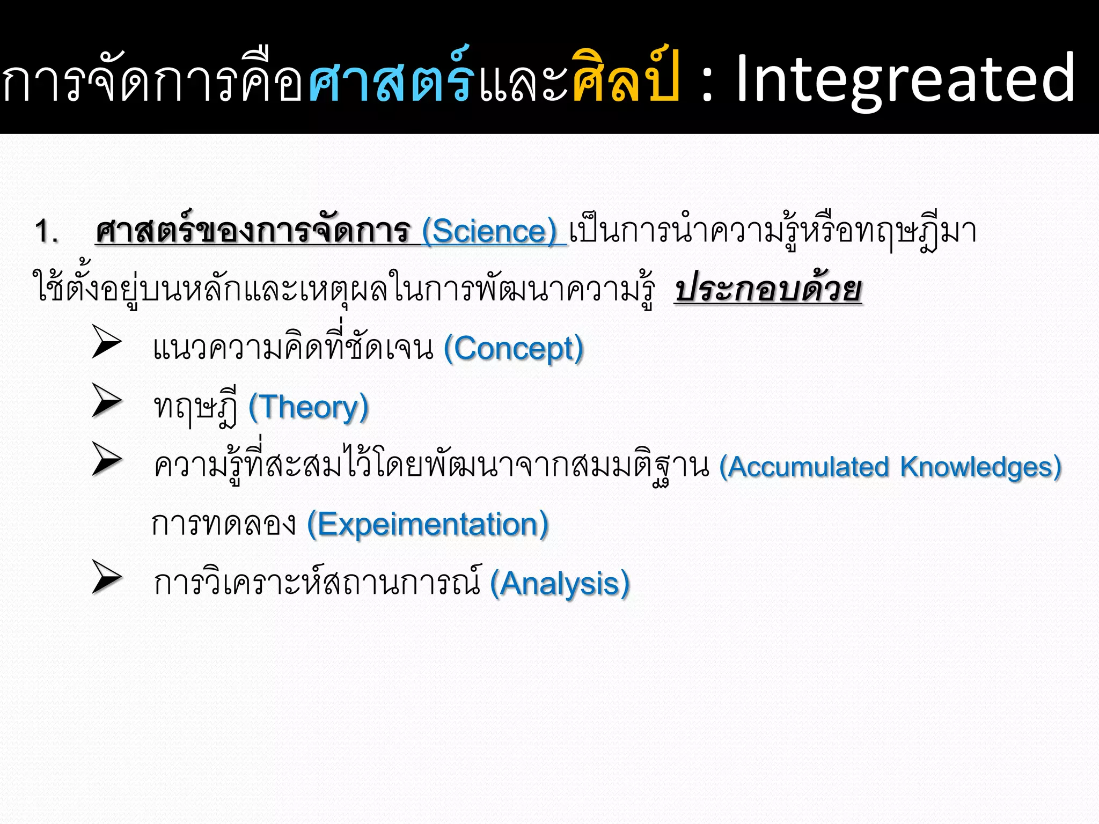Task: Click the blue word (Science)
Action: tap(489, 232)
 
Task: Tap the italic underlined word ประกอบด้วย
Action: tap(768, 290)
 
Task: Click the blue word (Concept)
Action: tap(514, 349)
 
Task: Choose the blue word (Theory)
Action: tap(309, 407)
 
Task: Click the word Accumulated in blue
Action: tap(804, 466)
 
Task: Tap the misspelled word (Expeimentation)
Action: tap(428, 524)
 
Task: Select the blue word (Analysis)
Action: tap(560, 583)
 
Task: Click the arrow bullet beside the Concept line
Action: tap(107, 342)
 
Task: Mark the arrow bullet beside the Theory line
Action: tap(107, 400)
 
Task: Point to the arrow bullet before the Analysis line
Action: tap(107, 577)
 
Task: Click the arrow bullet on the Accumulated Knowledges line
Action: tap(107, 459)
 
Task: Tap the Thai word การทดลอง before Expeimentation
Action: tap(223, 524)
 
